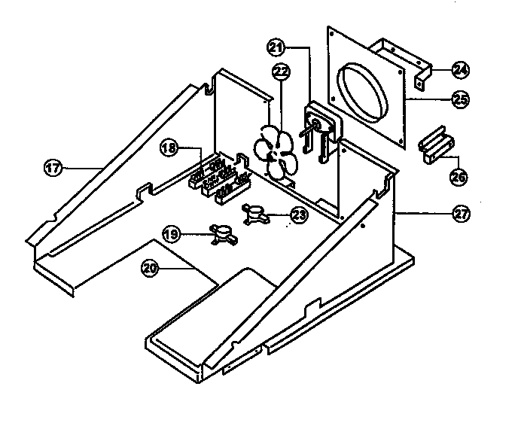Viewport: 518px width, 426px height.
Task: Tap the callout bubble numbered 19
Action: click(172, 235)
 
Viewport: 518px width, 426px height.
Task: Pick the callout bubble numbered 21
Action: click(276, 47)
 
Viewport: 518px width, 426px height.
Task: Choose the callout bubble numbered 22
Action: click(281, 72)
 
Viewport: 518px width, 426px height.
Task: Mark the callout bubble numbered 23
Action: click(299, 215)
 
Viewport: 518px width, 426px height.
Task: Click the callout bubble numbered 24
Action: click(459, 70)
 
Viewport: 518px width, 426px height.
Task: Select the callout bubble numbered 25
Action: click(459, 97)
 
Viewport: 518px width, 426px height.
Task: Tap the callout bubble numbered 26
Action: click(459, 178)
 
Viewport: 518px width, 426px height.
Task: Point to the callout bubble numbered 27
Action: click(460, 214)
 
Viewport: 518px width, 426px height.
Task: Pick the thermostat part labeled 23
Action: click(254, 214)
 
